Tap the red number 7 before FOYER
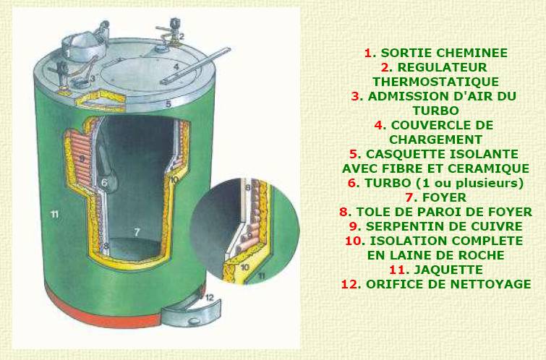409,197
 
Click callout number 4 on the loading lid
175,67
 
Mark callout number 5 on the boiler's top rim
168,104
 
